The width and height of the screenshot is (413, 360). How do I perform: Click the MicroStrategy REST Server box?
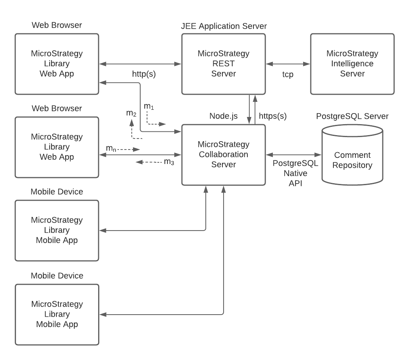[223, 64]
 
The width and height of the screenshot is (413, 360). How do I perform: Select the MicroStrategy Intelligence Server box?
[352, 64]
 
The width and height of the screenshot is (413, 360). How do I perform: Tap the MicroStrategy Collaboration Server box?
[223, 154]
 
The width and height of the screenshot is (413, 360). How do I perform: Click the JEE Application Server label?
[224, 26]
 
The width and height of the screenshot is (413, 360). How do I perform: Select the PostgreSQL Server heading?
[352, 116]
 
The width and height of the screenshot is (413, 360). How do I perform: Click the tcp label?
[288, 75]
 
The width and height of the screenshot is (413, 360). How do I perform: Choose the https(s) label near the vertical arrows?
[272, 116]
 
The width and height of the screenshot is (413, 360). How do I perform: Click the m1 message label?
[149, 107]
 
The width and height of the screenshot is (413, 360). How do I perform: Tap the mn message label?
[111, 149]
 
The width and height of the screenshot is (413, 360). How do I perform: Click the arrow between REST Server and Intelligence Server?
[288, 64]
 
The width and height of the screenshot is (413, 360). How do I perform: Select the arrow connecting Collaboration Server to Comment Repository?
[294, 154]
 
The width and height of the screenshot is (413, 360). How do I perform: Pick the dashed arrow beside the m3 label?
[148, 162]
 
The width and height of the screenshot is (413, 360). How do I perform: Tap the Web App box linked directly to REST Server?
[56, 64]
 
